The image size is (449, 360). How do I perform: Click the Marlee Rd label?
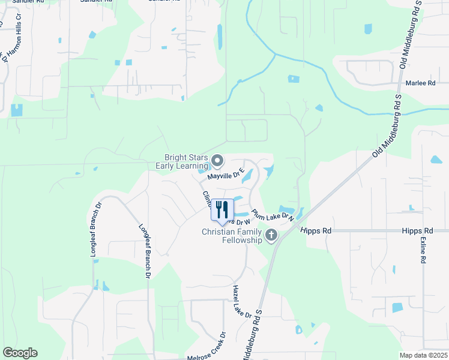(420, 83)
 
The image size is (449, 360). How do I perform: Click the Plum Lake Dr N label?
(273, 215)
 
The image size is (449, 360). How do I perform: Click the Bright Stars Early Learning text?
(181, 161)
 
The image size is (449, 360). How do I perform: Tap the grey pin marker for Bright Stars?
(217, 161)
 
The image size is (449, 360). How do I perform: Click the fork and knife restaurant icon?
(221, 209)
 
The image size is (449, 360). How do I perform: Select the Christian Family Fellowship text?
(232, 236)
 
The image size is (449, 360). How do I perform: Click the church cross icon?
(271, 235)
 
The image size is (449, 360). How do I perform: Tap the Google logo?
(20, 353)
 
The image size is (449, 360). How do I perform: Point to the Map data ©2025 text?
(423, 355)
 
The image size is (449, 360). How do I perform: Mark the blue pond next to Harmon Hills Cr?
(16, 110)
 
